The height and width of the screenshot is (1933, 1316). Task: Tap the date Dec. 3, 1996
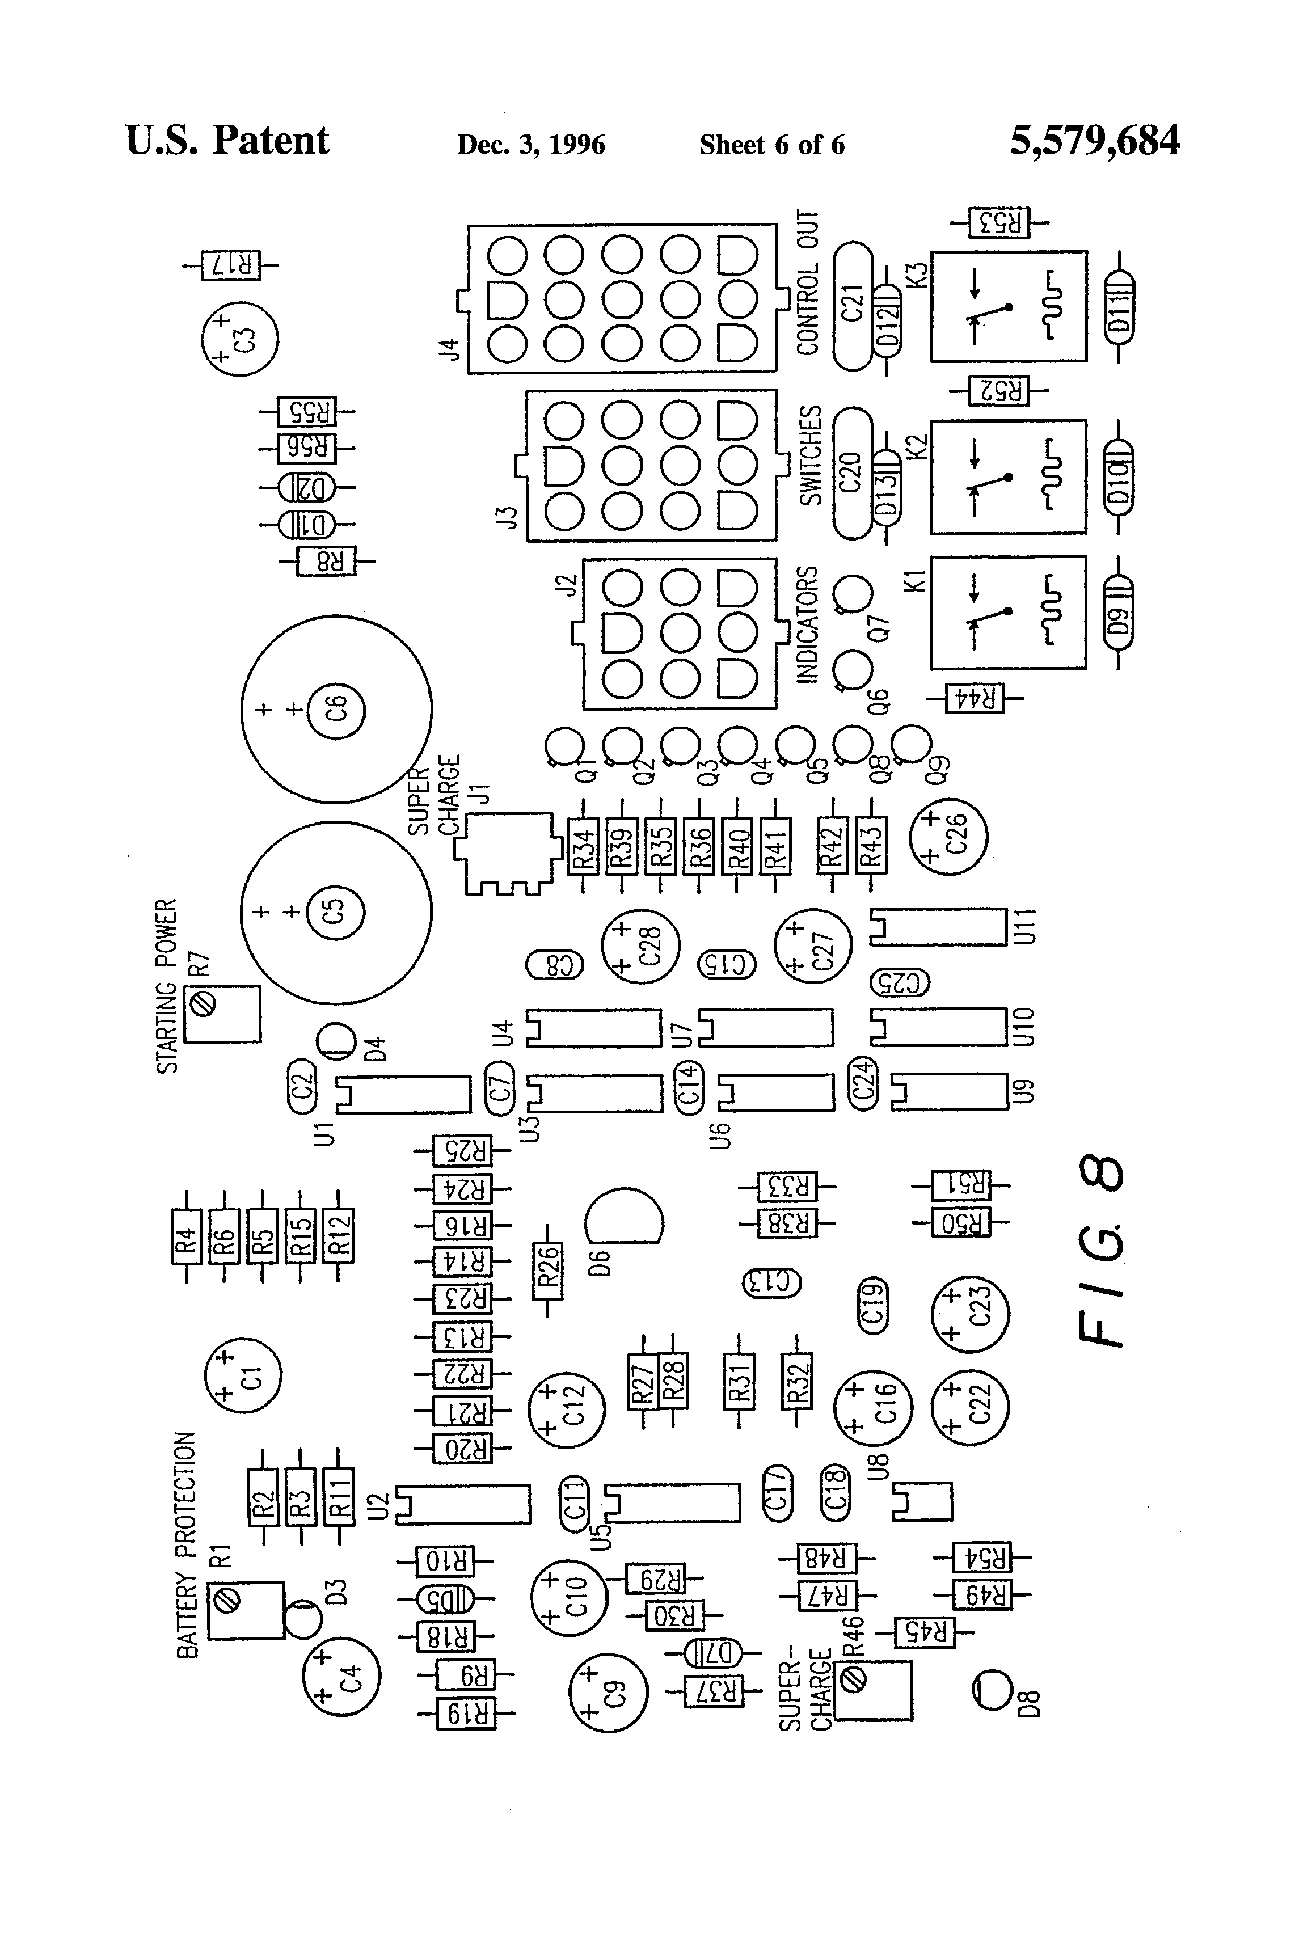531,145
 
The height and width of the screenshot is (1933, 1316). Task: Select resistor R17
230,266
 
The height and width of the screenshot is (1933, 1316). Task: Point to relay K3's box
1008,306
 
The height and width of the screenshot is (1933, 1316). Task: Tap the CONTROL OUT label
808,283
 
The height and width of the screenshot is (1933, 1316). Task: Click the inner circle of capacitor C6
336,710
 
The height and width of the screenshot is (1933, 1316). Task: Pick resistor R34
583,847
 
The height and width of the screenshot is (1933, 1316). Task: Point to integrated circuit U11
938,927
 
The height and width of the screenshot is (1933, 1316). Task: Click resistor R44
975,699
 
